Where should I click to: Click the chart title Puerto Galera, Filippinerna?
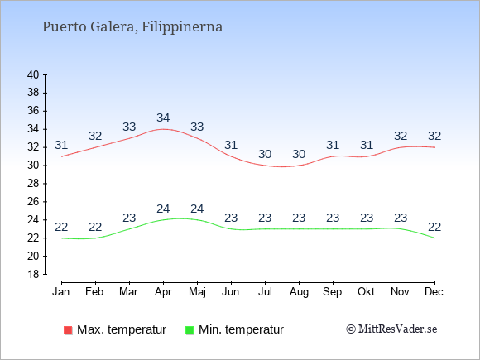[132, 26]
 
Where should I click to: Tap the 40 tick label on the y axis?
[33, 74]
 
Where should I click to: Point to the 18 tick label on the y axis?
[33, 274]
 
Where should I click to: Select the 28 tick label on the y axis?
[33, 184]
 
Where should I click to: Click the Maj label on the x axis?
[197, 292]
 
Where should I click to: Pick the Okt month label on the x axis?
[366, 291]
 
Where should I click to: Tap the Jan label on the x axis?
[61, 291]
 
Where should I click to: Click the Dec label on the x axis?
[434, 291]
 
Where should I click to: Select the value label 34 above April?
[163, 118]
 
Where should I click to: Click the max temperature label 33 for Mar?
[129, 127]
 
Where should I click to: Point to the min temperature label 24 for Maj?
[197, 209]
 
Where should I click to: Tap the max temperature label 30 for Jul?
[265, 154]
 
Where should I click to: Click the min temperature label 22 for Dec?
[434, 227]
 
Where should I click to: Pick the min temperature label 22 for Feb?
[95, 227]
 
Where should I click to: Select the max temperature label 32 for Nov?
[401, 136]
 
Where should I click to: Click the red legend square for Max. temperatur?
[68, 330]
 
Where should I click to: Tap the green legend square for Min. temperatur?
[190, 330]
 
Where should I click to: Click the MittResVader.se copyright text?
[391, 329]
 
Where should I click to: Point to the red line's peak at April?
[163, 129]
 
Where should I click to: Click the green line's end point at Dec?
[434, 238]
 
